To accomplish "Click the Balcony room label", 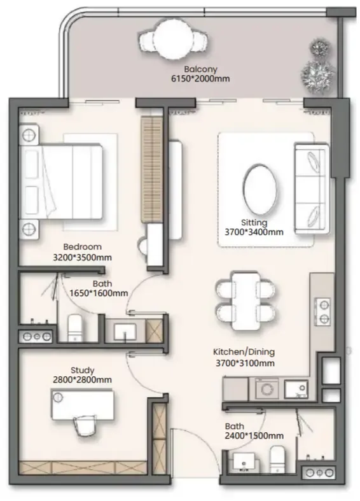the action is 200,69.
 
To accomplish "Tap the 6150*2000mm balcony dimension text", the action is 200,78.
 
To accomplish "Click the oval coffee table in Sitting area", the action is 260,190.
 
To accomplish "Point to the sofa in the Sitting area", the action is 312,189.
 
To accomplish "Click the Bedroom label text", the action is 82,246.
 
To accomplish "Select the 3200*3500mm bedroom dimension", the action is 82,258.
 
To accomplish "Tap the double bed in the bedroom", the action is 61,181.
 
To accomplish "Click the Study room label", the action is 82,370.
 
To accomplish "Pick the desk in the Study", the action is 82,404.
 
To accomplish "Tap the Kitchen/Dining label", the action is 244,352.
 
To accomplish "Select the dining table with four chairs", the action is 245,301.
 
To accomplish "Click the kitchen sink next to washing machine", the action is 296,389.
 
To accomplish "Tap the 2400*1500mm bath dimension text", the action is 254,436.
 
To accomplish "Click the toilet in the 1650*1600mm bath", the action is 75,328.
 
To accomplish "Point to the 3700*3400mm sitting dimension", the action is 254,232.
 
